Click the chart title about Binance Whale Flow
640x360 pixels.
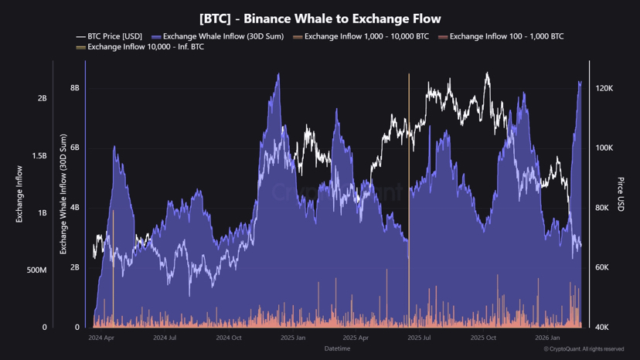click(x=320, y=19)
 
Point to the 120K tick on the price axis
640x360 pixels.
click(x=604, y=89)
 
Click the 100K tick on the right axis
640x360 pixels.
click(x=604, y=148)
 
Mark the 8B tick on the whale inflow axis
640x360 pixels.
click(x=75, y=89)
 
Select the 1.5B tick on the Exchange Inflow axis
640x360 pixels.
click(x=39, y=156)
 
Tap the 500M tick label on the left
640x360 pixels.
click(x=37, y=270)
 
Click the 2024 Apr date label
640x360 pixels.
click(x=101, y=338)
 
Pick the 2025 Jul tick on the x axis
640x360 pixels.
click(x=418, y=338)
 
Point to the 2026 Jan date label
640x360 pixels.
click(x=547, y=338)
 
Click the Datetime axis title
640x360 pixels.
click(x=337, y=348)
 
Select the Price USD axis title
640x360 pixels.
click(x=621, y=194)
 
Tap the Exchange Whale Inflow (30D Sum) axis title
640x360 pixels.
click(x=63, y=194)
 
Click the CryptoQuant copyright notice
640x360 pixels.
click(x=584, y=349)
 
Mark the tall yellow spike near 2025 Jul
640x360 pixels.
click(x=409, y=155)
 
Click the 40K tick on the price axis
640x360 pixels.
click(x=603, y=328)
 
